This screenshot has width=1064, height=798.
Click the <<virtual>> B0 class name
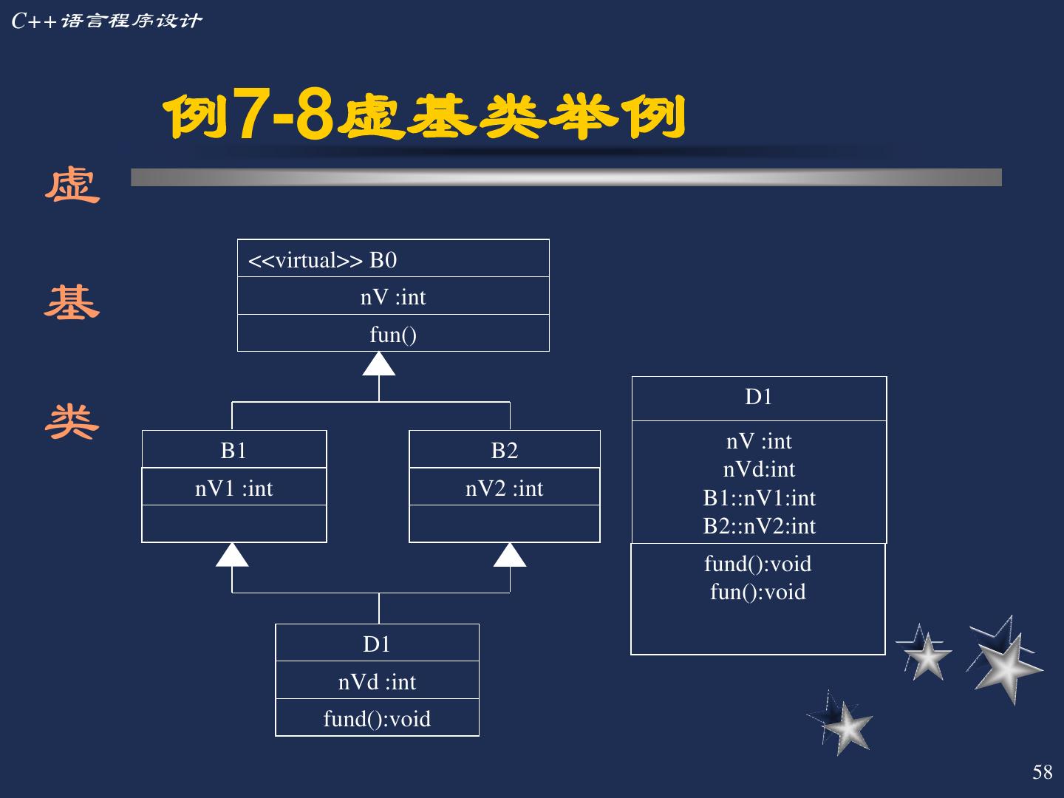pos(323,260)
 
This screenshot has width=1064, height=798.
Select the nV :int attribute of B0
pos(393,297)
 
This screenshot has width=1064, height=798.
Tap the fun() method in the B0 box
pos(393,335)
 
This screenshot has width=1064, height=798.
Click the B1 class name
pos(233,450)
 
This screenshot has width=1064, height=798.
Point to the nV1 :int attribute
pos(233,488)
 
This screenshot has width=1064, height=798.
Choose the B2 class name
pos(505,450)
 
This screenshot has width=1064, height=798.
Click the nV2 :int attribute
pos(505,488)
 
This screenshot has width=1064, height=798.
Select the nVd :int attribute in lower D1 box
pos(377,681)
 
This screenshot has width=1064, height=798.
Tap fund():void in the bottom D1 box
pos(377,719)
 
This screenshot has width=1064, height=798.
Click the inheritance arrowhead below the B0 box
pos(379,364)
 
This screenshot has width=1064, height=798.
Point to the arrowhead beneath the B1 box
pos(232,556)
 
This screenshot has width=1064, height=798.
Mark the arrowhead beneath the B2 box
pos(510,556)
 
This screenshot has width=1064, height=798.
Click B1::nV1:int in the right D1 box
pos(760,498)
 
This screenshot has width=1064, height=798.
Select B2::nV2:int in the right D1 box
pos(760,526)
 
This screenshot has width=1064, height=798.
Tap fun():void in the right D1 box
pos(758,592)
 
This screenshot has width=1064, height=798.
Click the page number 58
pos(1043,772)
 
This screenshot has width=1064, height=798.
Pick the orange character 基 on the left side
pos(72,303)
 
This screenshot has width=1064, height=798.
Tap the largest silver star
pos(1006,662)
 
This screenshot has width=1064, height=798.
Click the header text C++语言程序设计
pos(107,21)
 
